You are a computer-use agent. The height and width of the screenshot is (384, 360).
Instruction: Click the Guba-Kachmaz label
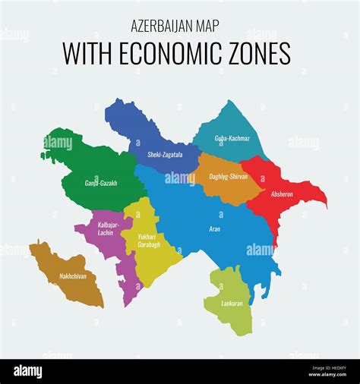coord(232,138)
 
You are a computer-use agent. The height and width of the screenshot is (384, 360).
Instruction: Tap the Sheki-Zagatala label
coord(154,155)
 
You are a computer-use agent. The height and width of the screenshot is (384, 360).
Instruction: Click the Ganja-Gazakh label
coord(100,183)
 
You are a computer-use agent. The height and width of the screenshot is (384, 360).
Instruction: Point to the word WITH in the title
coord(85,54)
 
